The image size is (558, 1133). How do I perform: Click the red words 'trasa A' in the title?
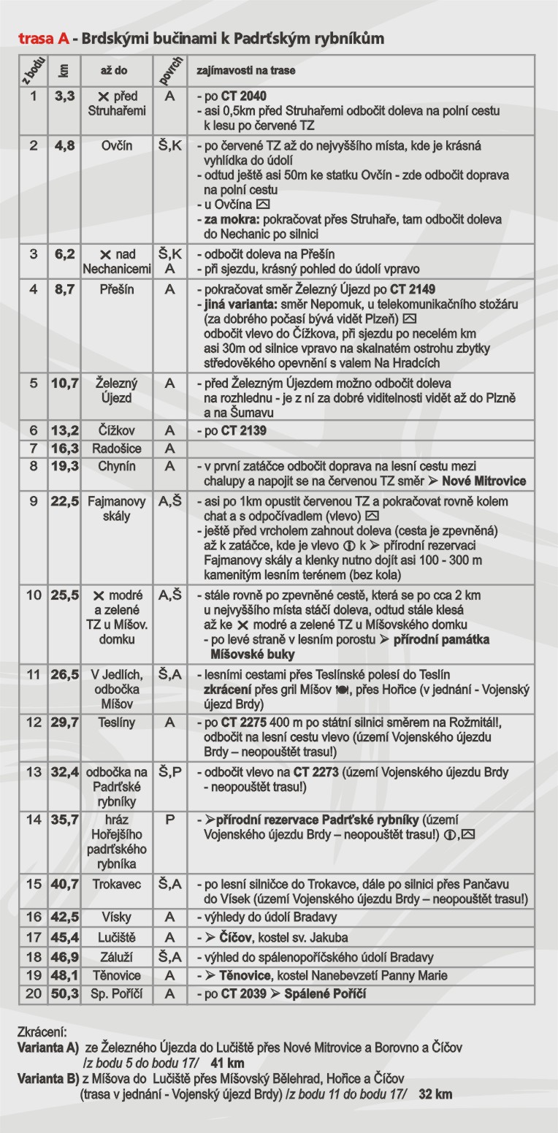coord(43,38)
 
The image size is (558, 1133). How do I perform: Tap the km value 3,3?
coord(64,96)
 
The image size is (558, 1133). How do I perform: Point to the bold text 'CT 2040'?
coord(245,96)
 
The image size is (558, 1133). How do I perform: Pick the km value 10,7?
coord(64,383)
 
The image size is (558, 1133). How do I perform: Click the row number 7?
coord(33,448)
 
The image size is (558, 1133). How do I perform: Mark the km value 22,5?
coord(64,500)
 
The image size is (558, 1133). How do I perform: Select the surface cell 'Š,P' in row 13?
coord(170,771)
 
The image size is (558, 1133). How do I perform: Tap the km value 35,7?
coord(64,820)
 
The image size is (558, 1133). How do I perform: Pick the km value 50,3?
coord(64,993)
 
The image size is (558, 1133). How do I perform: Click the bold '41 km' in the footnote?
coord(226,1063)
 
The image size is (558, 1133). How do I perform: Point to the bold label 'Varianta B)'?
coord(47,1078)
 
